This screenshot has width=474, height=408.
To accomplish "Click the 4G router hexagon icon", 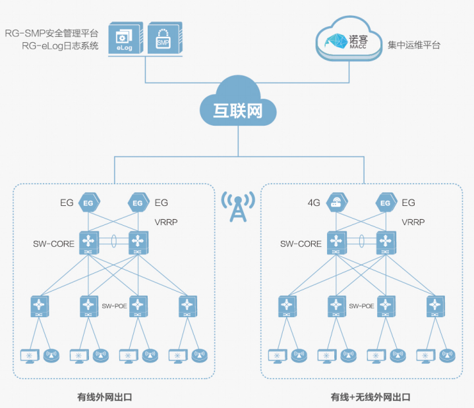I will pyautogui.click(x=336, y=203).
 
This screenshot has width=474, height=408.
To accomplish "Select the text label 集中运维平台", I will pyautogui.click(x=414, y=45).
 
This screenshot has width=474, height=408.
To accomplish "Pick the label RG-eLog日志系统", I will pyautogui.click(x=60, y=45).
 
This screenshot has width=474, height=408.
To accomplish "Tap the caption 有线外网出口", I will pyautogui.click(x=105, y=397).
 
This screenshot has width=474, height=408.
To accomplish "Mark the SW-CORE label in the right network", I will pyautogui.click(x=301, y=243).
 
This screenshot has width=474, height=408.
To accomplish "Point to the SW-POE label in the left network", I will pyautogui.click(x=114, y=305).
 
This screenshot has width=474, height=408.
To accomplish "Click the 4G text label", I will pyautogui.click(x=314, y=203).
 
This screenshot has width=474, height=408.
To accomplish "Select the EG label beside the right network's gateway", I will pyautogui.click(x=409, y=203).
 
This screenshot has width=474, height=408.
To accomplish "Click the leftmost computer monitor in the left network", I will pyautogui.click(x=30, y=356).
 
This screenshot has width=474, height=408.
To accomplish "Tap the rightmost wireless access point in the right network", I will pyautogui.click(x=448, y=356).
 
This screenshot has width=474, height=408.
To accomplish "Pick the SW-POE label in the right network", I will pyautogui.click(x=361, y=305).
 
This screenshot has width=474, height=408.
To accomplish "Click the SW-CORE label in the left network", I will pyautogui.click(x=53, y=243).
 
